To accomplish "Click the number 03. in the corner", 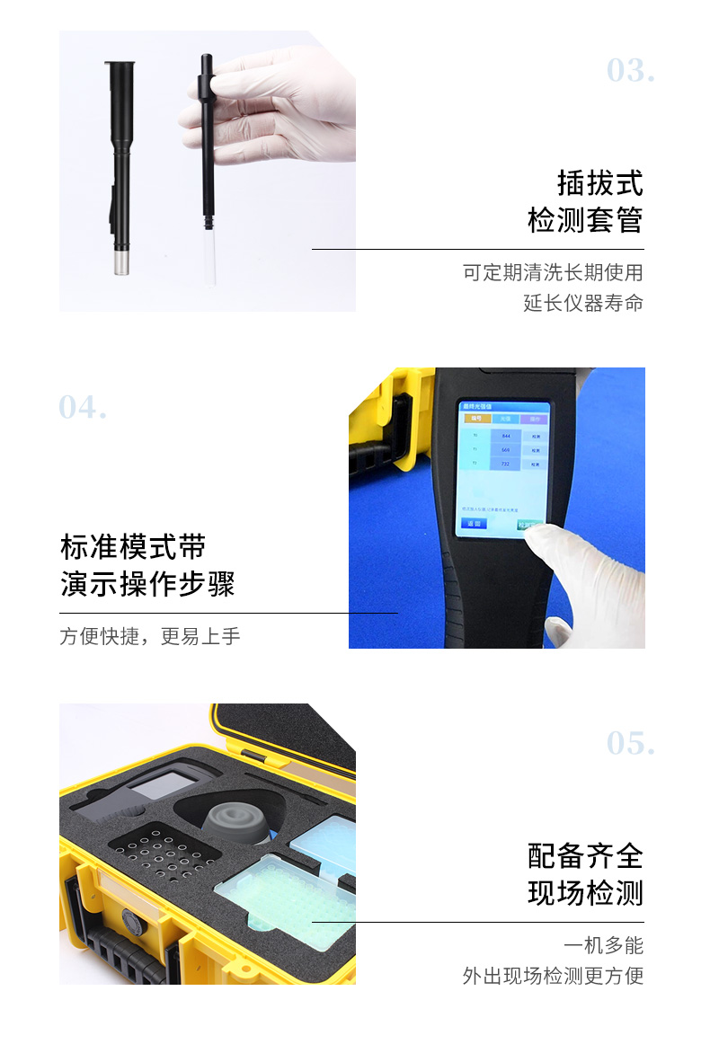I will pos(630,71).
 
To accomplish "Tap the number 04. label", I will pos(83,408).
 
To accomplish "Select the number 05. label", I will pos(630,744).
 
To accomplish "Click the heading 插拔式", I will pos(599,183).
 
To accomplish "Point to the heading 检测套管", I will pos(585,221).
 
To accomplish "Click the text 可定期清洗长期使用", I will pos(553,272).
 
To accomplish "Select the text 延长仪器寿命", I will pos(583,304).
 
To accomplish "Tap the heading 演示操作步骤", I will pos(147,585).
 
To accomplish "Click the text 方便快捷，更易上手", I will pos(150,637).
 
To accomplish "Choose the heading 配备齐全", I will pos(585,856).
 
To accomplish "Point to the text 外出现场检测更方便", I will pos(553,977).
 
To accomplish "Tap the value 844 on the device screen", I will pos(505,436).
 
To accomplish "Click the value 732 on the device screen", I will pos(505,464).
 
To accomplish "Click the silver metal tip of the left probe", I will pos(119,262).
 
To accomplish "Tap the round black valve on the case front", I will pos(131,922).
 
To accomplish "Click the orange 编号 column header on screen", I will pos(473,419).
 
